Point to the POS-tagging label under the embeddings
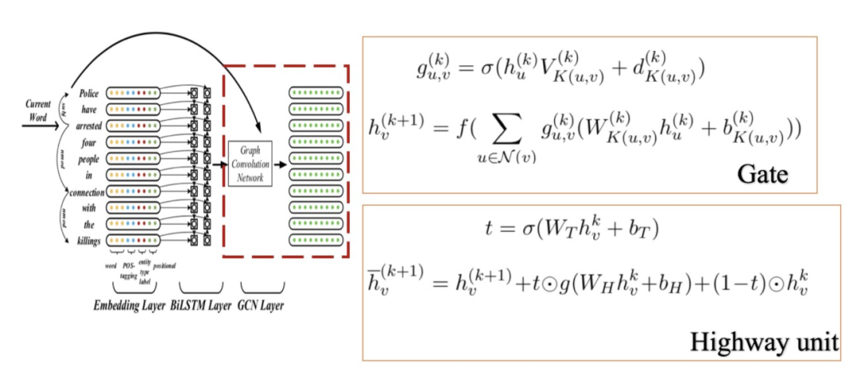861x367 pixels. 128,270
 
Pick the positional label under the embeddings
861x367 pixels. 164,264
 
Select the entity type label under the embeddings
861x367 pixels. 144,270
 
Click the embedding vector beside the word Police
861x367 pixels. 131,93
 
